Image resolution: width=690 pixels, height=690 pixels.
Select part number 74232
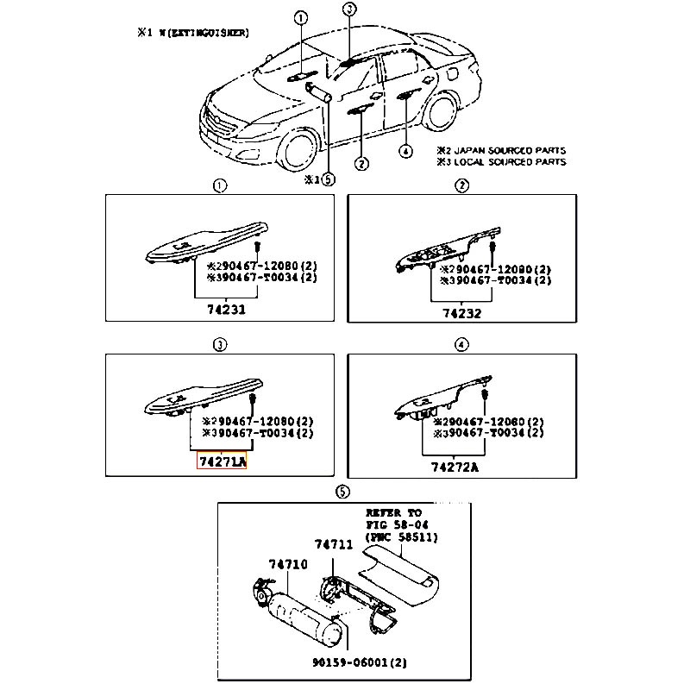[x=462, y=313]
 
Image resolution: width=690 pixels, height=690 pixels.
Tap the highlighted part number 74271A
[x=223, y=463]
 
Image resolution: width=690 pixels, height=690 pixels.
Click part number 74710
[x=286, y=562]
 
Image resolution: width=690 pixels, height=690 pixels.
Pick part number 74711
[x=333, y=543]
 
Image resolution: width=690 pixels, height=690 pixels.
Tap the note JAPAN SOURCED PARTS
[x=509, y=149]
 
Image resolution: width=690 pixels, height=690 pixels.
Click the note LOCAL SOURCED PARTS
[x=509, y=161]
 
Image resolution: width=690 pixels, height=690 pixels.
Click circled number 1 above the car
[x=299, y=19]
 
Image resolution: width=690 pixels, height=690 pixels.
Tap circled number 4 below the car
[x=405, y=152]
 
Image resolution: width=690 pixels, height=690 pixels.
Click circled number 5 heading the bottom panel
[x=342, y=492]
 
